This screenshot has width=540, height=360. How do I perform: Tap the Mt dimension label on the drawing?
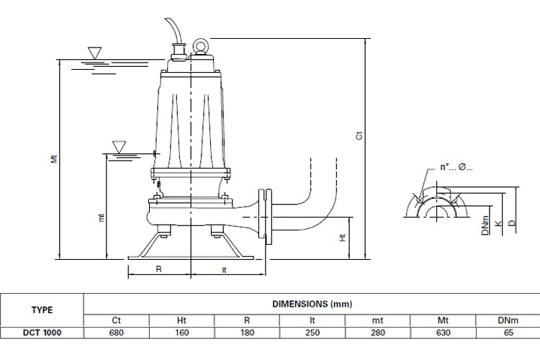pos(54,159)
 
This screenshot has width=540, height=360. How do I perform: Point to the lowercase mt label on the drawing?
pos(102,215)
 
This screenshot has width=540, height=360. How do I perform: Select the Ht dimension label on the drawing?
pos(343,236)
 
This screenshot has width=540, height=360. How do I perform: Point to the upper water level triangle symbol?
pos(93,53)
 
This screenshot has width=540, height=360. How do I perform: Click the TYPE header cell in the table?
pos(42,310)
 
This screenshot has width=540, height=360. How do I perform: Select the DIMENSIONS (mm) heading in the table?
pos(311,304)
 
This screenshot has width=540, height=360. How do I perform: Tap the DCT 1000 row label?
pos(42,333)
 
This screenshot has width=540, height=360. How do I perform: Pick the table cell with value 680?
pos(116,333)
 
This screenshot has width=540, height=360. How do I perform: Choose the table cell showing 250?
pos(312,333)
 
